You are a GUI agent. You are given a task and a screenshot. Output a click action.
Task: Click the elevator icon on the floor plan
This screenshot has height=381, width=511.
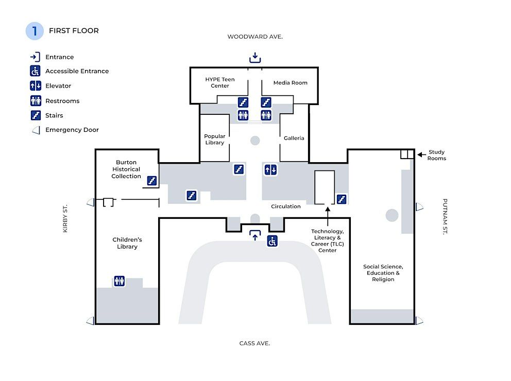270,170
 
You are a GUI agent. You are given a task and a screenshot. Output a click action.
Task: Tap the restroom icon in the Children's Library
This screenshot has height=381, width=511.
120,281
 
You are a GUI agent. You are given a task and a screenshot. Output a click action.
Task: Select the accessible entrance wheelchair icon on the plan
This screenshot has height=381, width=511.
272,241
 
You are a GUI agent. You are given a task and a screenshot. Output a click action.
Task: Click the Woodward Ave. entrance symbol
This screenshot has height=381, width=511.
255,58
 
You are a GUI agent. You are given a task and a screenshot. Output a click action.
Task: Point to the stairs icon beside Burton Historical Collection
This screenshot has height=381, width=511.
152,180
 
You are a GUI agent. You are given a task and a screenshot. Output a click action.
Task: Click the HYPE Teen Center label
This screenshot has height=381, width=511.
220,82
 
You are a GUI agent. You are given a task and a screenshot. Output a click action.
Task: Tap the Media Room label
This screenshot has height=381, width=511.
291,83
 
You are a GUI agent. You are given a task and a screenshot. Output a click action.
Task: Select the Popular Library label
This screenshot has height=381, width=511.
214,140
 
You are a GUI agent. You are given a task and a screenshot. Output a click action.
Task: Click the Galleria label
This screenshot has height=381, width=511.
294,138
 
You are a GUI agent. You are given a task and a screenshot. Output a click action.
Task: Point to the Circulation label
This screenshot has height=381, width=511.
286,206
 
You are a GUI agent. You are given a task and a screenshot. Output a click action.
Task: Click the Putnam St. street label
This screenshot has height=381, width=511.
445,217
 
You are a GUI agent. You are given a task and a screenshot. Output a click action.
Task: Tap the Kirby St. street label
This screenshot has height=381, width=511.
65,218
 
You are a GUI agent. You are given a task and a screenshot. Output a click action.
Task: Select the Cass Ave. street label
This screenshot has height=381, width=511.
254,343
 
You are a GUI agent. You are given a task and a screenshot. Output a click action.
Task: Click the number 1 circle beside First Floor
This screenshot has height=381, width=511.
35,31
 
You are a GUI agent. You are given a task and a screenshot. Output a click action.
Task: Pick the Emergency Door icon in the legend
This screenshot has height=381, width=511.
36,130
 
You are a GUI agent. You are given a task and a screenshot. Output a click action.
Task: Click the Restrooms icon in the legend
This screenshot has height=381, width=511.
36,100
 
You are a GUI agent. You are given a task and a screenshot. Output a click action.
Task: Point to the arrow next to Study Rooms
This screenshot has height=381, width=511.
422,154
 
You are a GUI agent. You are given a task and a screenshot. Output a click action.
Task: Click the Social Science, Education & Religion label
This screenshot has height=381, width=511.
383,273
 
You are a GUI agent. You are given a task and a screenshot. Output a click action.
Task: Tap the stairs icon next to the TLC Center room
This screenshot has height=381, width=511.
342,199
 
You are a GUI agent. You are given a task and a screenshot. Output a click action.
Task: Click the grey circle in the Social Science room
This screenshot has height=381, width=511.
391,215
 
